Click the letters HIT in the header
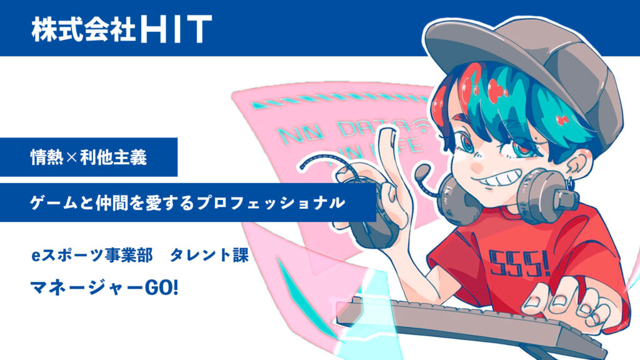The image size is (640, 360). tap(176, 29)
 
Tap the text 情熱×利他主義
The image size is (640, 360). tap(88, 157)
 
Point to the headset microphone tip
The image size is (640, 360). tap(423, 170)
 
